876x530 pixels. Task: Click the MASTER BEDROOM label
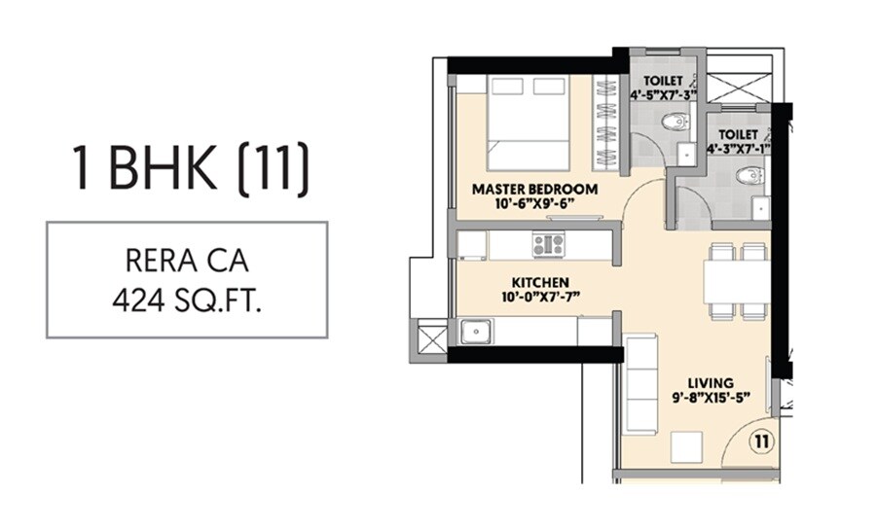pos(534,188)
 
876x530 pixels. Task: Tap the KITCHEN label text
pos(534,282)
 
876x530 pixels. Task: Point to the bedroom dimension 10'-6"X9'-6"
pos(534,203)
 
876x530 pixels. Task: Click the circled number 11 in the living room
pos(760,441)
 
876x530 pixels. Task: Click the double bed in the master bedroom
pos(529,122)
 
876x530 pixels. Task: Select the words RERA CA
pos(187,260)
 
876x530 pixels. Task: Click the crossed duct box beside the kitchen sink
pos(429,341)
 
